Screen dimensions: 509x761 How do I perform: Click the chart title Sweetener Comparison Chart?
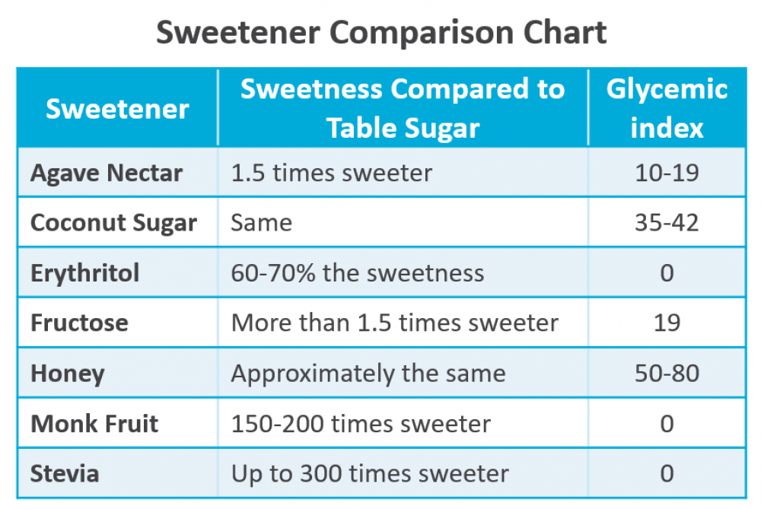coord(381,33)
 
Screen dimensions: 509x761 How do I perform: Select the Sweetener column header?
coord(117,109)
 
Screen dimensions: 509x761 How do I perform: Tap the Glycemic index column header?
coord(667,108)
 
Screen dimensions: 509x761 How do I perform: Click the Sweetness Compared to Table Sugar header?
coord(403,108)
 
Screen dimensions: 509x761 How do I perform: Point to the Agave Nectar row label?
coord(107,173)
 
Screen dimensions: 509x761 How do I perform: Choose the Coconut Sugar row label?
coord(113,223)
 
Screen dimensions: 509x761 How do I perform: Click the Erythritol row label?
coord(84,272)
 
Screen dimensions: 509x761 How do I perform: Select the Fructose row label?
coord(79,323)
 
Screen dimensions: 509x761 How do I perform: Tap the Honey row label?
coord(67,374)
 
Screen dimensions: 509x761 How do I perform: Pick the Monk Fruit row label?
coord(94,423)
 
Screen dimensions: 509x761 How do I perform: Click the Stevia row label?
coord(65,473)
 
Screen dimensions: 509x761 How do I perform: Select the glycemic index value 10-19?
coord(667,173)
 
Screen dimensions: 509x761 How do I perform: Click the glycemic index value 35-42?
coord(667,223)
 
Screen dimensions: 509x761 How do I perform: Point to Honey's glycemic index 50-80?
coord(667,374)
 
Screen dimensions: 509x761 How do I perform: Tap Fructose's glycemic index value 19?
coord(667,323)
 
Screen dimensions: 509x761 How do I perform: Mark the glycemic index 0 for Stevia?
coord(667,473)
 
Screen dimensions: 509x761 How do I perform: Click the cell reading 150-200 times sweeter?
coord(361,423)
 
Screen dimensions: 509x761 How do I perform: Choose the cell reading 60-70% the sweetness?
coord(357,272)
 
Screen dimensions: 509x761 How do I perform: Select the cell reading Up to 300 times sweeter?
coord(370,473)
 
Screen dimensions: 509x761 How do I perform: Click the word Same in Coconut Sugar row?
coord(261,223)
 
